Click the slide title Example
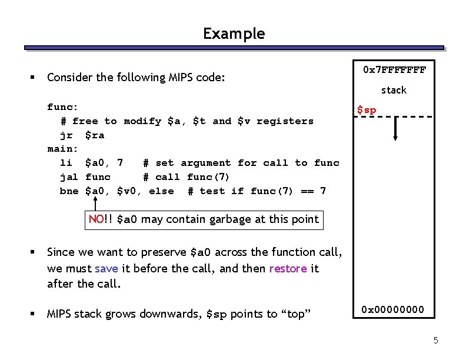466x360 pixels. click(x=234, y=34)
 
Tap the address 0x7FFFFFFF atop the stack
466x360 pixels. click(x=394, y=70)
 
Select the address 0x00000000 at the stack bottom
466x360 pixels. click(x=392, y=309)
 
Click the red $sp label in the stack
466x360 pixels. click(x=367, y=110)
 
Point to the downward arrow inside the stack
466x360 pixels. click(x=396, y=128)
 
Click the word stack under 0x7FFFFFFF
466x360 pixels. click(x=394, y=90)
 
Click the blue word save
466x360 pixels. click(x=106, y=268)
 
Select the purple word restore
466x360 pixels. click(x=288, y=268)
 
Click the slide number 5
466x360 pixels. click(x=435, y=341)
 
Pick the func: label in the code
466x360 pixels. click(x=63, y=106)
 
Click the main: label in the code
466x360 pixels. click(x=63, y=149)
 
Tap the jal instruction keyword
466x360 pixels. click(x=69, y=176)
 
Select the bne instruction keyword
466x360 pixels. click(x=69, y=191)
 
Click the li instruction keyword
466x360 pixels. click(x=66, y=162)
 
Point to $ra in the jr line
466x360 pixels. click(x=95, y=135)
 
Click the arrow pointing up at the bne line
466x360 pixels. click(x=95, y=203)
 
